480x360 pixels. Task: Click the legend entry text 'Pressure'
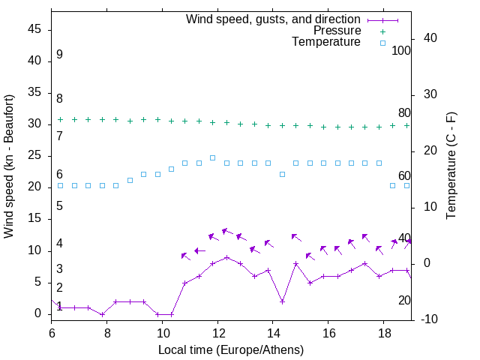(337, 31)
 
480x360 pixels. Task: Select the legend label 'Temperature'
(326, 42)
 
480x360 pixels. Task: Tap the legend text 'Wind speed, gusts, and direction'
(273, 19)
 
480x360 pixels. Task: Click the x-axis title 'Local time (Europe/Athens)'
(231, 349)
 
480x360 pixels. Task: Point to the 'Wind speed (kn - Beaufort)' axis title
(9, 166)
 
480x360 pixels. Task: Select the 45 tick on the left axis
(34, 29)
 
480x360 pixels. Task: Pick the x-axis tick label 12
(217, 331)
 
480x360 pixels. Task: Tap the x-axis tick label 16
(328, 331)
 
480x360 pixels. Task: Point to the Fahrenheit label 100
(401, 51)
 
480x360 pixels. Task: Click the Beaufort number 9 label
(59, 55)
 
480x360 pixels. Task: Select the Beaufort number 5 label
(59, 205)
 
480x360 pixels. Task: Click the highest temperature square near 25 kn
(213, 157)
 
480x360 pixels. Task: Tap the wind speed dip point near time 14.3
(282, 301)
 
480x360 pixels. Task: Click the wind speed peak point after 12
(226, 257)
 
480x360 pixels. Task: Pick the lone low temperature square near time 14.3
(282, 174)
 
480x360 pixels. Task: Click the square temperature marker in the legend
(382, 43)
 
